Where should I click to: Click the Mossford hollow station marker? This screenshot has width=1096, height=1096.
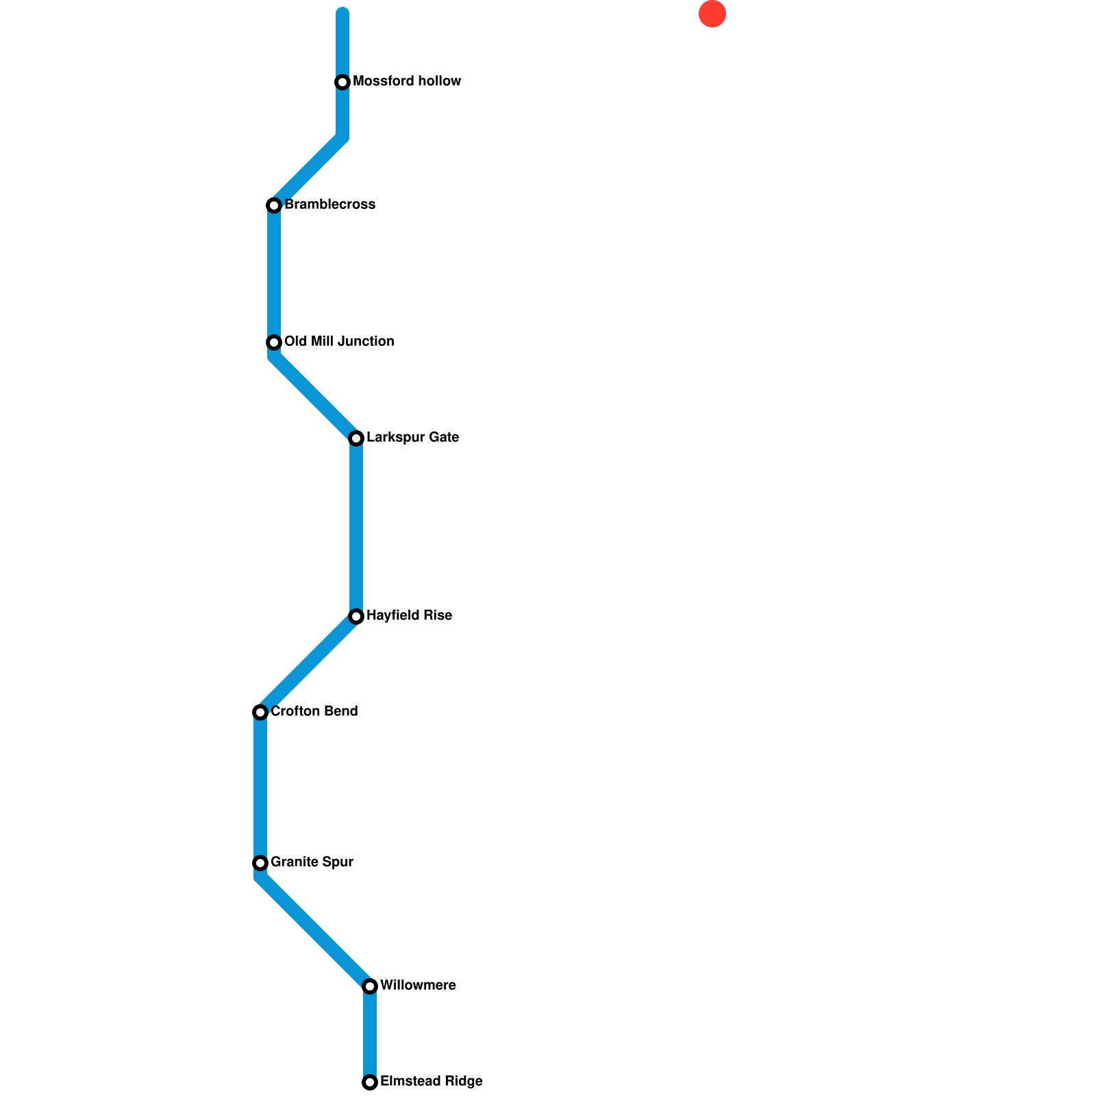[342, 82]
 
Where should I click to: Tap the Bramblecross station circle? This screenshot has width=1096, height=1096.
[274, 206]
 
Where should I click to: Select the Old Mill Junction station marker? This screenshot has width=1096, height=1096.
[274, 342]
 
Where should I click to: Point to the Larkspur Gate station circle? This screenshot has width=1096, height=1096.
[356, 438]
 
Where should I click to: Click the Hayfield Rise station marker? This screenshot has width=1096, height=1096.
[356, 616]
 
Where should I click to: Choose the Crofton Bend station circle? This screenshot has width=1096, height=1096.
[260, 712]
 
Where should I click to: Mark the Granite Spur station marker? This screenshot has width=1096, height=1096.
[260, 863]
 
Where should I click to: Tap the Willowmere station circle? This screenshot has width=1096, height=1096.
[370, 986]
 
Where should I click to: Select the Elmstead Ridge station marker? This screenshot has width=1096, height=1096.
[370, 1082]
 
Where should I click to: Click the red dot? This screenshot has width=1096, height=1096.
[712, 14]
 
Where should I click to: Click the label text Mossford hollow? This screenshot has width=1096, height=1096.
[407, 82]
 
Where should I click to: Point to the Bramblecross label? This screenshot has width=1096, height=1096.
[329, 205]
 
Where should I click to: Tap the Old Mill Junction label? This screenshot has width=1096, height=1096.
[339, 342]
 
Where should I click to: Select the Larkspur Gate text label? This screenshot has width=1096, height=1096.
[412, 438]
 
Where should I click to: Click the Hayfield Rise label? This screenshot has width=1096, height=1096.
[409, 616]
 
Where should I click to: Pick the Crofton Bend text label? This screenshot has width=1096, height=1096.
[314, 712]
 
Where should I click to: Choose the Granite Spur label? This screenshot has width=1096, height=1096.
[312, 862]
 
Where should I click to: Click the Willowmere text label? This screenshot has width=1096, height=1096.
[418, 986]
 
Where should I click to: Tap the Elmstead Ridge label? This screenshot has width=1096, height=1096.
[432, 1082]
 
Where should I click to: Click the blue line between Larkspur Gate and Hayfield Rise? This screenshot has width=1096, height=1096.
[356, 527]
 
